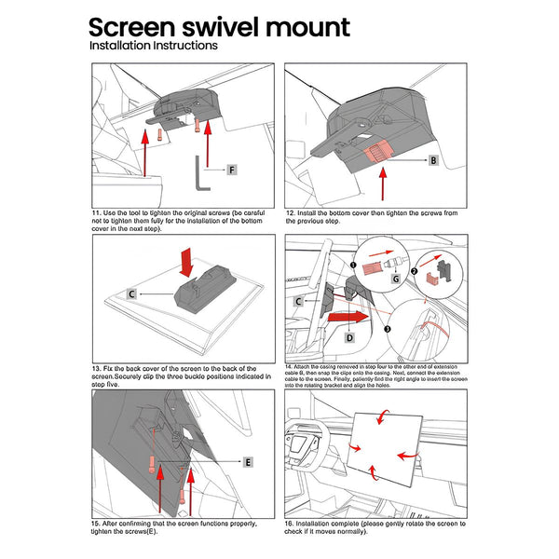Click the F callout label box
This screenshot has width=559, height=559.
pyautogui.click(x=231, y=170)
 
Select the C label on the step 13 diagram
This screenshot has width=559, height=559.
pyautogui.click(x=131, y=293)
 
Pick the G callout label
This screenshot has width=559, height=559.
pyautogui.click(x=394, y=278)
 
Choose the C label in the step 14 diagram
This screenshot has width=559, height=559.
pyautogui.click(x=298, y=302)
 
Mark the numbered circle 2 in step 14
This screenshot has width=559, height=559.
pyautogui.click(x=416, y=271)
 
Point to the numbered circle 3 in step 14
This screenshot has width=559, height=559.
pyautogui.click(x=388, y=328)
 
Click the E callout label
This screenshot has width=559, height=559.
pyautogui.click(x=248, y=462)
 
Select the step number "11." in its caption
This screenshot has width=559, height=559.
pyautogui.click(x=97, y=213)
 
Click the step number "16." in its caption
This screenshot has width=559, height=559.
pyautogui.click(x=290, y=525)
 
